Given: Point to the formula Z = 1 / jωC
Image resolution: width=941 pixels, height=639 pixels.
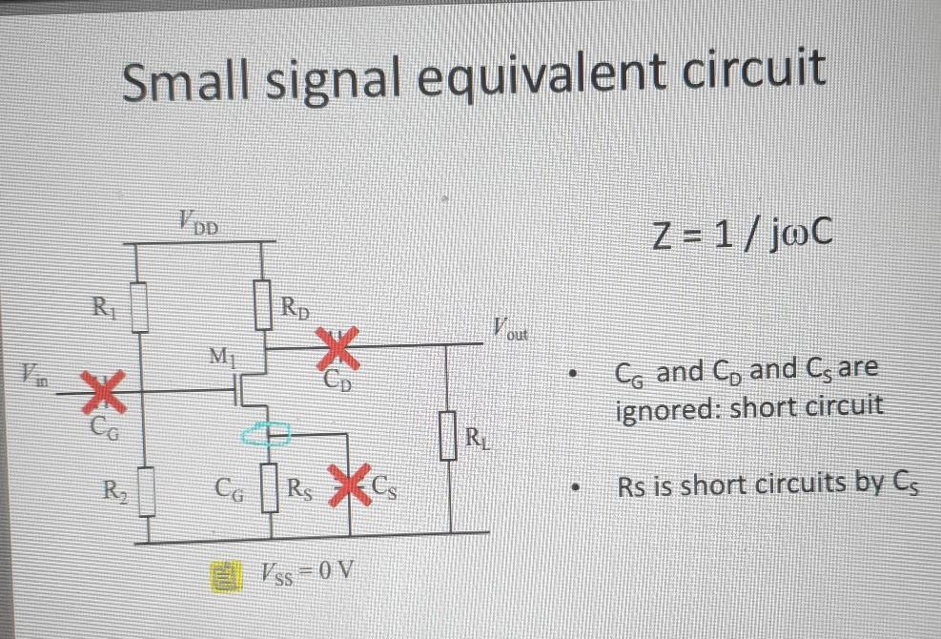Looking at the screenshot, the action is pyautogui.click(x=744, y=233).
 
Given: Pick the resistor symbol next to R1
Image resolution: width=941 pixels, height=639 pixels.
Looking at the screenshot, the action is pyautogui.click(x=140, y=305).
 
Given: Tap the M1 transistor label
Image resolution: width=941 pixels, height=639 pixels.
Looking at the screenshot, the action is pyautogui.click(x=220, y=359).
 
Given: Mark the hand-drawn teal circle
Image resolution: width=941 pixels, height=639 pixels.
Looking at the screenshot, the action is pyautogui.click(x=267, y=435).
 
